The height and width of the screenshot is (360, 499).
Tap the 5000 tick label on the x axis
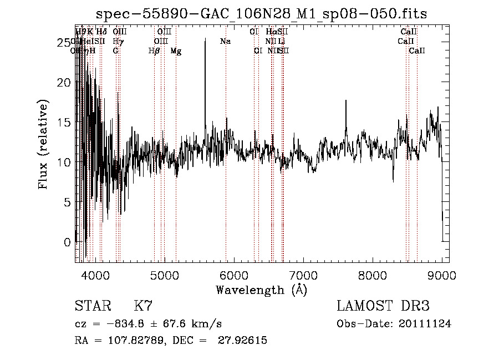(x=164, y=275)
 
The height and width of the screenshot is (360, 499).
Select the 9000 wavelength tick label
(x=441, y=275)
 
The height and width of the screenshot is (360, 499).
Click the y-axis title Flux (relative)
(x=44, y=144)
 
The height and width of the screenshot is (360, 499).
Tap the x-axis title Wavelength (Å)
(x=261, y=290)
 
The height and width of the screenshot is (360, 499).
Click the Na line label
(x=225, y=41)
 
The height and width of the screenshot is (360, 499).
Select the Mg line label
(x=176, y=51)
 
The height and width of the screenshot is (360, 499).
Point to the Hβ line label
(x=154, y=51)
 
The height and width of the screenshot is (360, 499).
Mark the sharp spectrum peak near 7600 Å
(x=346, y=102)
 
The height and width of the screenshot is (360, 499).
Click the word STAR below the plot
(x=92, y=306)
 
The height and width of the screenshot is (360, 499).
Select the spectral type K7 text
(x=143, y=306)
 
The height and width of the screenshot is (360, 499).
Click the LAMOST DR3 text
(x=383, y=306)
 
